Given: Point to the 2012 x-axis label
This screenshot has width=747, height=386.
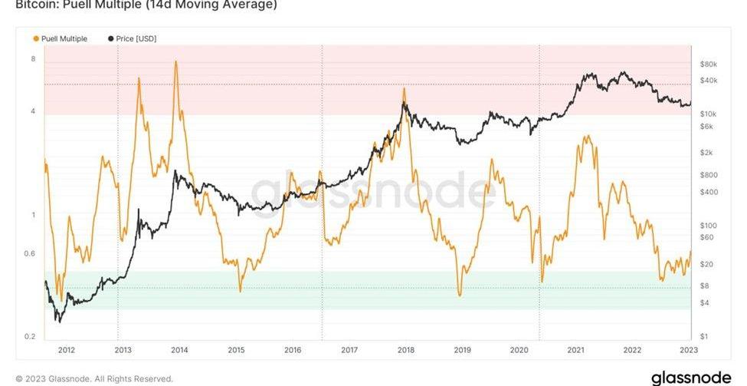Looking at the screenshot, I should tap(67, 350).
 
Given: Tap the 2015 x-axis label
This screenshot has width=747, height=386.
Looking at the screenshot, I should tap(236, 350).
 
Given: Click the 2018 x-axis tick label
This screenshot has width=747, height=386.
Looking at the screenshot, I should tap(406, 350).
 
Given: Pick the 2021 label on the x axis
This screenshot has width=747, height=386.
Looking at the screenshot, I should tap(576, 350).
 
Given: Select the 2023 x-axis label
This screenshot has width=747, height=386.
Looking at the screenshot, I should tap(688, 350).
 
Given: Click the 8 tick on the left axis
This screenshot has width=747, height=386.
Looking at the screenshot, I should tap(33, 59).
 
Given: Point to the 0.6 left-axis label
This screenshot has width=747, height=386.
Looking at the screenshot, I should tap(31, 253).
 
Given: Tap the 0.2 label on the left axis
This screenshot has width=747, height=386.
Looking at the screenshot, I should tap(31, 337).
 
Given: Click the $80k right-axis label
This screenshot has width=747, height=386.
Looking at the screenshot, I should tap(708, 64).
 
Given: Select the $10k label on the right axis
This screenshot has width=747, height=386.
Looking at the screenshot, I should tap(708, 113).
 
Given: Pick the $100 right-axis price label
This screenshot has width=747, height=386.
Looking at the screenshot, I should tap(707, 226).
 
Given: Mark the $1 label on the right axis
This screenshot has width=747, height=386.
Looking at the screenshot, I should tap(703, 337).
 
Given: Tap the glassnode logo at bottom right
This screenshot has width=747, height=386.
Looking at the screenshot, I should tap(692, 378).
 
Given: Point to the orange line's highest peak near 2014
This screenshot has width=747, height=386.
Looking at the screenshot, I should tap(176, 61).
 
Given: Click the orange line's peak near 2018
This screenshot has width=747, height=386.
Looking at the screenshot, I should tap(405, 89).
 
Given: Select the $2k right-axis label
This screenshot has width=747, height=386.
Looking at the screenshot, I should tap(706, 152).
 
